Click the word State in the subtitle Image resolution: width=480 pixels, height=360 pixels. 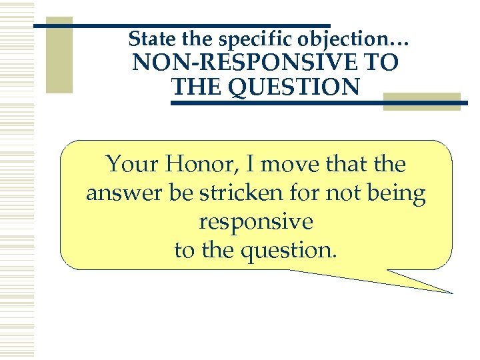(148, 38)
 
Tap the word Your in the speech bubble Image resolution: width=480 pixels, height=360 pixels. (131, 164)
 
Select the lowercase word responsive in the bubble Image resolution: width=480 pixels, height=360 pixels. (255, 222)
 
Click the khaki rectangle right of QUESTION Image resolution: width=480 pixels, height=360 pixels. (421, 101)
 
